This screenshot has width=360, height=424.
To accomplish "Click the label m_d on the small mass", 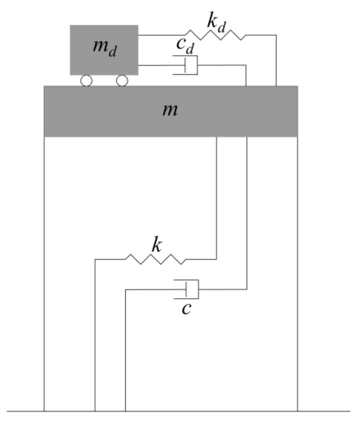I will (x=104, y=48).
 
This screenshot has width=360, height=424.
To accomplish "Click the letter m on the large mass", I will (x=170, y=110).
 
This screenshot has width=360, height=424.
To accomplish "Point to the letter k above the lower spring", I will (x=157, y=245).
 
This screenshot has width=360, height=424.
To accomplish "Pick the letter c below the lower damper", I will (x=186, y=309).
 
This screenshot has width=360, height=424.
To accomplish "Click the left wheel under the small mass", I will (x=86, y=81).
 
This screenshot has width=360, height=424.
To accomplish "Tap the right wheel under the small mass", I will (x=122, y=81).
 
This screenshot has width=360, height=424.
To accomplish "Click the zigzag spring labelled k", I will (x=155, y=259).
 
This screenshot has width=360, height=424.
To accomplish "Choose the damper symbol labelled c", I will (x=188, y=289).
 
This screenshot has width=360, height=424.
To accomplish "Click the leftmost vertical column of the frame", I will (x=44, y=269).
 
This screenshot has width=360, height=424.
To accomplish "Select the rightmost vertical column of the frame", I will (x=298, y=269).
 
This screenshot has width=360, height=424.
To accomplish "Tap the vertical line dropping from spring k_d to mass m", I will (x=276, y=60).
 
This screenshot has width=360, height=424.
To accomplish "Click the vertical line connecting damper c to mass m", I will (x=247, y=209).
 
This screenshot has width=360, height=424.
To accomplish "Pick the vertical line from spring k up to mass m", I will (x=217, y=194).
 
